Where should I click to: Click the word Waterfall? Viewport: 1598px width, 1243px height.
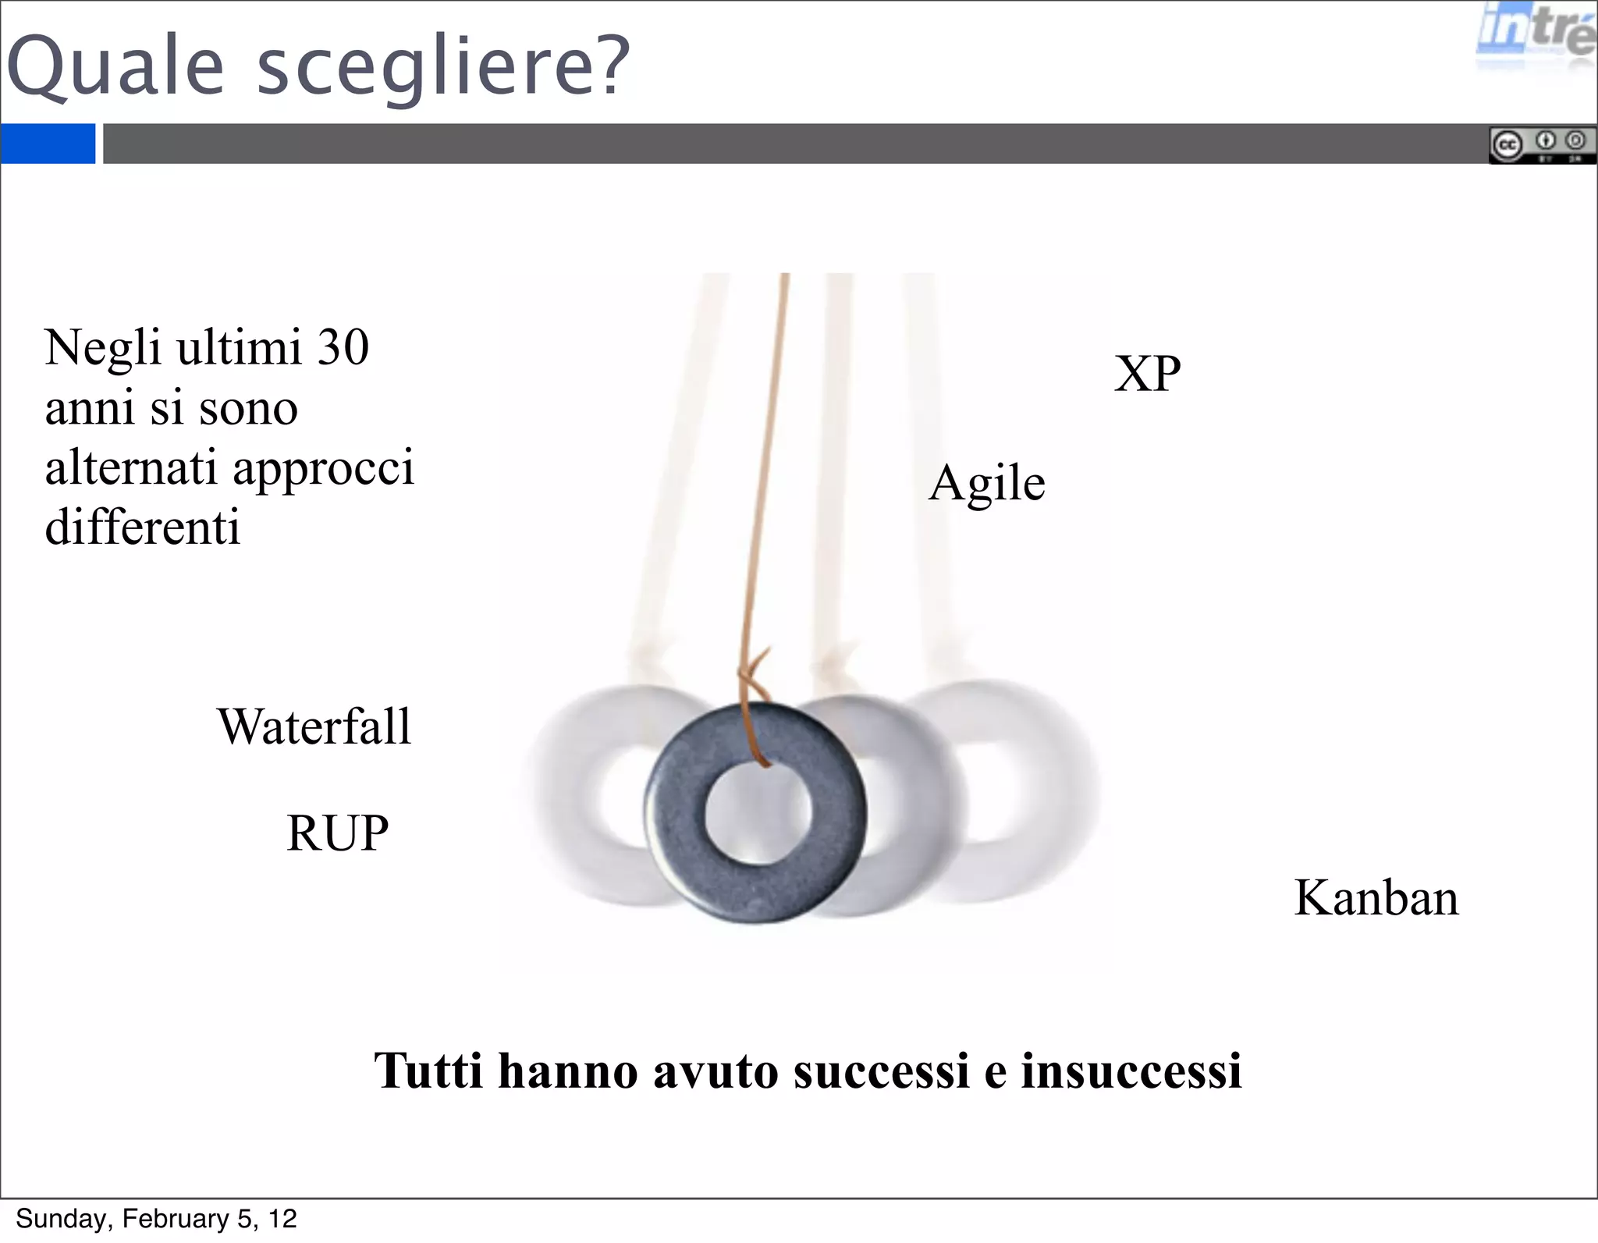[x=314, y=726]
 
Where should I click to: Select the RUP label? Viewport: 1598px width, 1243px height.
[x=337, y=833]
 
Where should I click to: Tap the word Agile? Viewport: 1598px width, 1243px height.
[x=987, y=484]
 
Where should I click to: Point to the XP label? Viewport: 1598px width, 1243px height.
[x=1147, y=374]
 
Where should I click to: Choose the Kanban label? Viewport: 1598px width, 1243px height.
[x=1376, y=897]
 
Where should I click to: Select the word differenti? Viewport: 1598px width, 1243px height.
[x=143, y=527]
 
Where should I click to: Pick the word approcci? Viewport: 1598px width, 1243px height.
[x=323, y=468]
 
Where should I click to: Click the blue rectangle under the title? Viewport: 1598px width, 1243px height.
[x=48, y=144]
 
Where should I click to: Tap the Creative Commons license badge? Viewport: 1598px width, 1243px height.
[x=1542, y=145]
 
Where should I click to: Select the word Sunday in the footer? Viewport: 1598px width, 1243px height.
[x=63, y=1219]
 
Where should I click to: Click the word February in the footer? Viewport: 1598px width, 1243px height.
[x=176, y=1219]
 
